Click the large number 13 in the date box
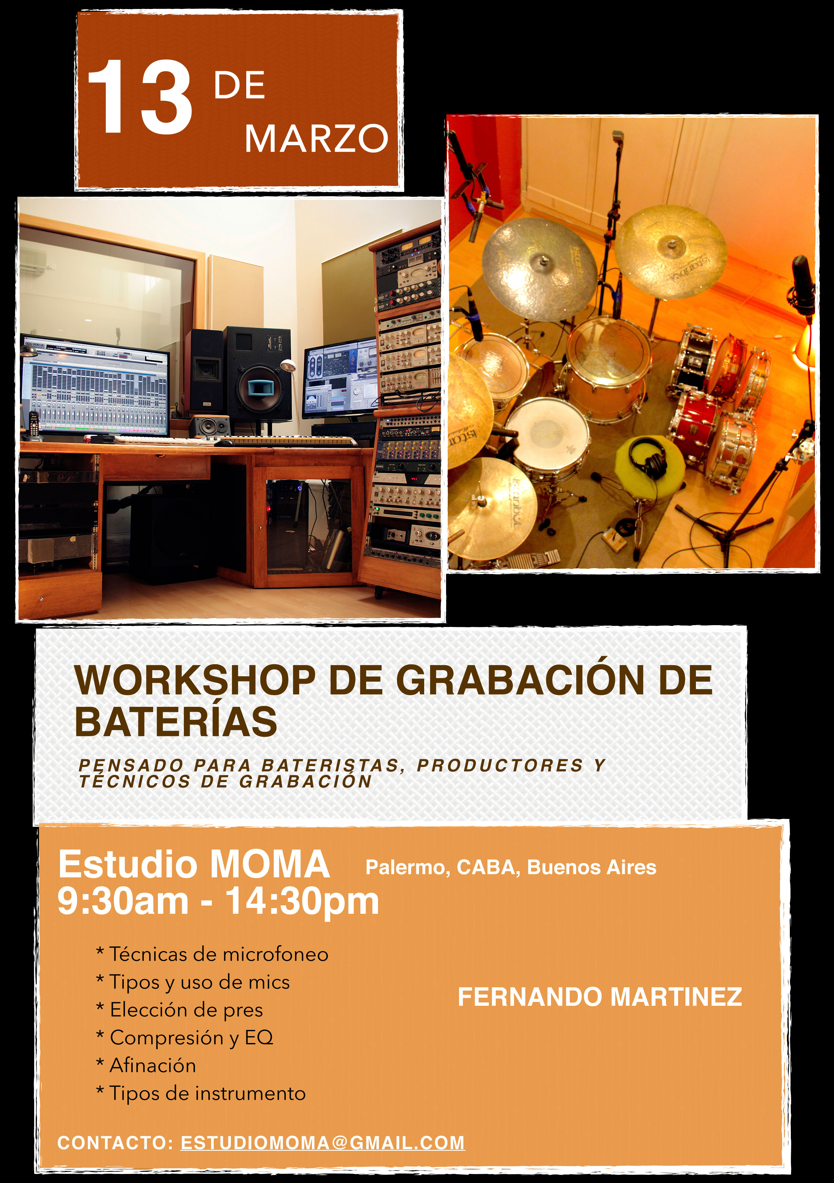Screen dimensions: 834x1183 [x=140, y=96]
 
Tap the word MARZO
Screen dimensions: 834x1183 [x=316, y=139]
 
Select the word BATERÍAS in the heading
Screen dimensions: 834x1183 [x=176, y=721]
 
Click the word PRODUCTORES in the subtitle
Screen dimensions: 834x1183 [x=500, y=766]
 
